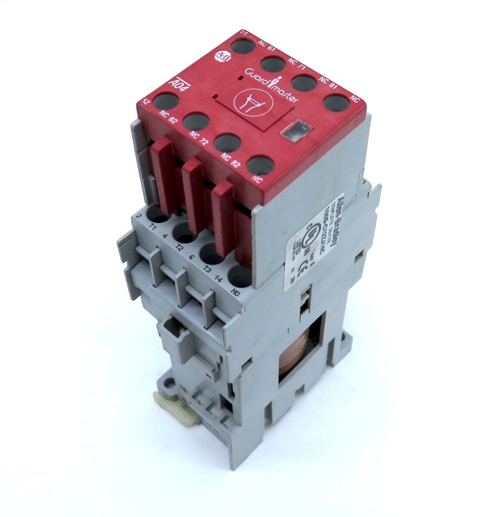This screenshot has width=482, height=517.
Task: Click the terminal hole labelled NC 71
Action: [273, 63]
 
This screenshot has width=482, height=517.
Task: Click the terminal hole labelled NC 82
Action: [227, 143]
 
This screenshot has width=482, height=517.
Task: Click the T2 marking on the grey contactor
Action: [179, 246]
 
